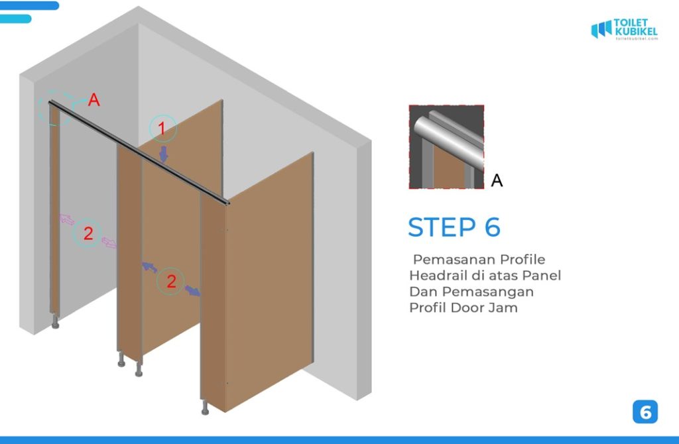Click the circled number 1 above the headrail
click(x=162, y=128)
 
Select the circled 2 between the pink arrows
click(x=88, y=233)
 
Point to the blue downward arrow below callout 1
click(x=164, y=154)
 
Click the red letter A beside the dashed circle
click(x=94, y=100)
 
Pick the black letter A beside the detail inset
click(x=497, y=180)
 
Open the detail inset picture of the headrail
click(x=446, y=146)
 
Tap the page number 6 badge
click(x=645, y=412)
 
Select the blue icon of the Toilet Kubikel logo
click(x=601, y=29)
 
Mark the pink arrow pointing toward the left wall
click(x=67, y=219)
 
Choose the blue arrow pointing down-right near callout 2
click(x=193, y=290)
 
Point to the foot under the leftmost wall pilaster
click(x=54, y=322)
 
